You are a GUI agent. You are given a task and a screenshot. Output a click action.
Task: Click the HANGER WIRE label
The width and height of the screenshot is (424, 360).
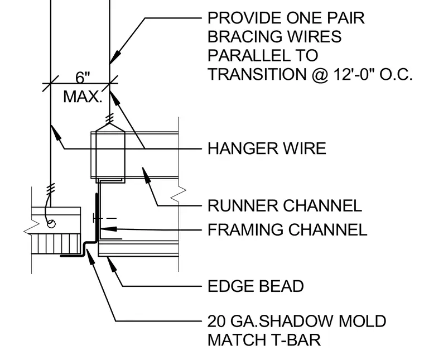pyautogui.click(x=267, y=148)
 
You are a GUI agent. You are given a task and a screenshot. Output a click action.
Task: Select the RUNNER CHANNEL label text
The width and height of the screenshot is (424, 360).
pyautogui.click(x=285, y=205)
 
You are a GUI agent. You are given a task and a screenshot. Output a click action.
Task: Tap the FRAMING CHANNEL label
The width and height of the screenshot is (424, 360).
pyautogui.click(x=287, y=229)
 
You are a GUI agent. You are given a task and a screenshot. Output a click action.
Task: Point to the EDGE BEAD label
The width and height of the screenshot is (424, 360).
pyautogui.click(x=256, y=286)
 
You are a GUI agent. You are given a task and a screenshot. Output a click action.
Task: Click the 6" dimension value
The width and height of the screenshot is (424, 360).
pyautogui.click(x=83, y=78)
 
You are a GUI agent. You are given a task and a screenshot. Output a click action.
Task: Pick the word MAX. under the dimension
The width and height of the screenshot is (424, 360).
pyautogui.click(x=83, y=97)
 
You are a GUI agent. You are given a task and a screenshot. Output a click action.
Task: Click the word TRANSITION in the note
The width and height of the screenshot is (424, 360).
pyautogui.click(x=257, y=74)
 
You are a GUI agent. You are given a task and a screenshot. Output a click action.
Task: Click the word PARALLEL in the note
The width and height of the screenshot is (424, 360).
pyautogui.click(x=245, y=55)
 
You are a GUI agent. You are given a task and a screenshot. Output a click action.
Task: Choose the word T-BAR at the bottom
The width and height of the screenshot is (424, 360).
pyautogui.click(x=296, y=340)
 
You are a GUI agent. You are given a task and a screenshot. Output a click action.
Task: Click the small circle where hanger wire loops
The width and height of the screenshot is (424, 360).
pyautogui.click(x=51, y=224)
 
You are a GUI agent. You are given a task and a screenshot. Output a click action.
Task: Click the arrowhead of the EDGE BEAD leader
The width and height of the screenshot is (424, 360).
pyautogui.click(x=112, y=264)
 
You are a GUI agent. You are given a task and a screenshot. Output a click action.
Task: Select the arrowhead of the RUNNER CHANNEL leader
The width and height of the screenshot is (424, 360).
pyautogui.click(x=146, y=175)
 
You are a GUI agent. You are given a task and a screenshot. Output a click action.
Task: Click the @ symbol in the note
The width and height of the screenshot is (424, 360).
pyautogui.click(x=320, y=75)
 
